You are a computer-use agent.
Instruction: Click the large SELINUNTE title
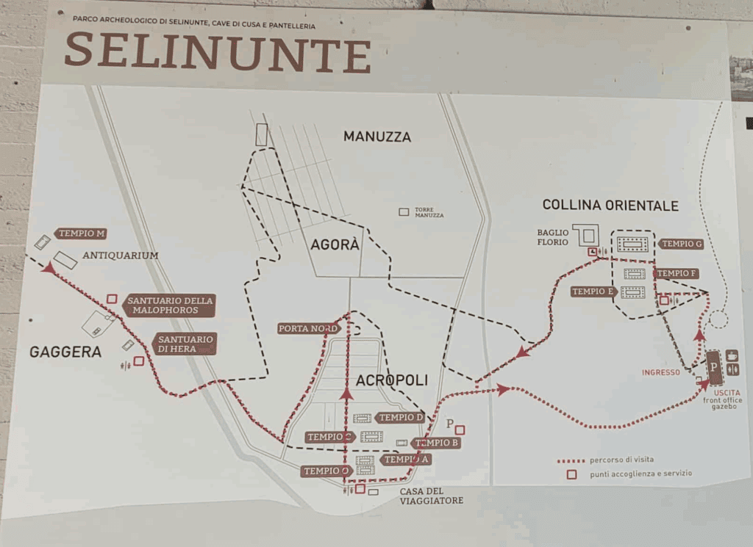point(218,53)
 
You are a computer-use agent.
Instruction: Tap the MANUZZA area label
point(376,137)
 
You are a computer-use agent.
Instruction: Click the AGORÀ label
point(335,245)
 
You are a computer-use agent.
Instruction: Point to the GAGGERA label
point(65,352)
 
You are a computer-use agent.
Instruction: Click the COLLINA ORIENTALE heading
point(610,205)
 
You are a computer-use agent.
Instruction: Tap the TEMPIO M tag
point(80,233)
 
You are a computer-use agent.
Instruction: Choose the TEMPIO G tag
point(681,244)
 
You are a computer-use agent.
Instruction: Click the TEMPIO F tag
point(676,273)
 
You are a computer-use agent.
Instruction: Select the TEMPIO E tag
point(593,291)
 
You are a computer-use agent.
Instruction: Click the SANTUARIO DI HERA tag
point(185,344)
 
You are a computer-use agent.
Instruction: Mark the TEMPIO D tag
point(400,418)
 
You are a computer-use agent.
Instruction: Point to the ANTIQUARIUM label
point(121,256)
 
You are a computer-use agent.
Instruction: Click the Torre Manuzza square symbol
point(404,211)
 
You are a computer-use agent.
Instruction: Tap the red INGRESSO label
point(660,372)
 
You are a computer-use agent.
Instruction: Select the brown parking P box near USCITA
point(713,365)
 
